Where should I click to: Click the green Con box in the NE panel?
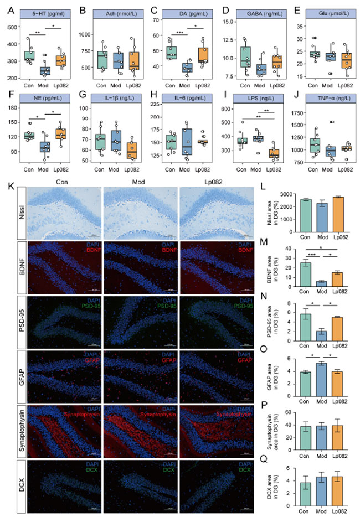(29, 136)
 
